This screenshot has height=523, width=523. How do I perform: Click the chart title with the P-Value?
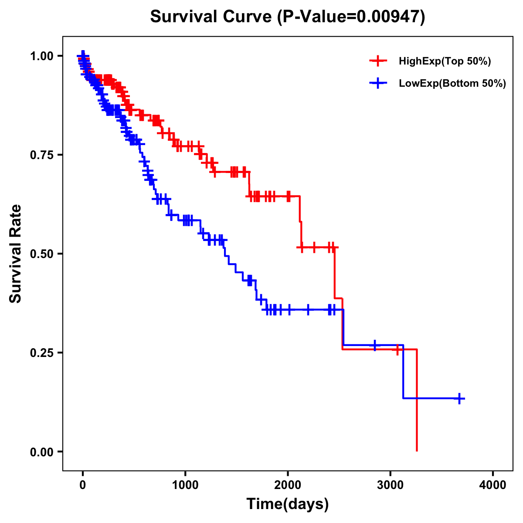pos(287,17)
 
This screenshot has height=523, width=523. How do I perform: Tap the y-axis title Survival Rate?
pos(16,254)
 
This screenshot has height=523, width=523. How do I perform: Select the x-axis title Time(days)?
pos(288,504)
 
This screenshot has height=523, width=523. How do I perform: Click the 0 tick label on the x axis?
pos(83,485)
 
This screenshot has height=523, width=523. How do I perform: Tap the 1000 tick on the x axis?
pos(185,485)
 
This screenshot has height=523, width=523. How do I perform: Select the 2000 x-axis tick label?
pos(288,485)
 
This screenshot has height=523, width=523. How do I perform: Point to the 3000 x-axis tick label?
pos(390,485)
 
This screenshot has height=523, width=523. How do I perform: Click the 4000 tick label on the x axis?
pos(493,485)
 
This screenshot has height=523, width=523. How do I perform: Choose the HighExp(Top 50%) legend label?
pos(445,61)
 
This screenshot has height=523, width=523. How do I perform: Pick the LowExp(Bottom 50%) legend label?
pos(452,84)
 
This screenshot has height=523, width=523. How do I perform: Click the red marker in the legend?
pos(378,61)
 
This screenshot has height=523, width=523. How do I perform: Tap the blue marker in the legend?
pos(378,83)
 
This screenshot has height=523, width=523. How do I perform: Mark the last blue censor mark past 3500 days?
pos(459,398)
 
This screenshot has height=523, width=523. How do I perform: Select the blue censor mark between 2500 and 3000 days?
pos(374,345)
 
